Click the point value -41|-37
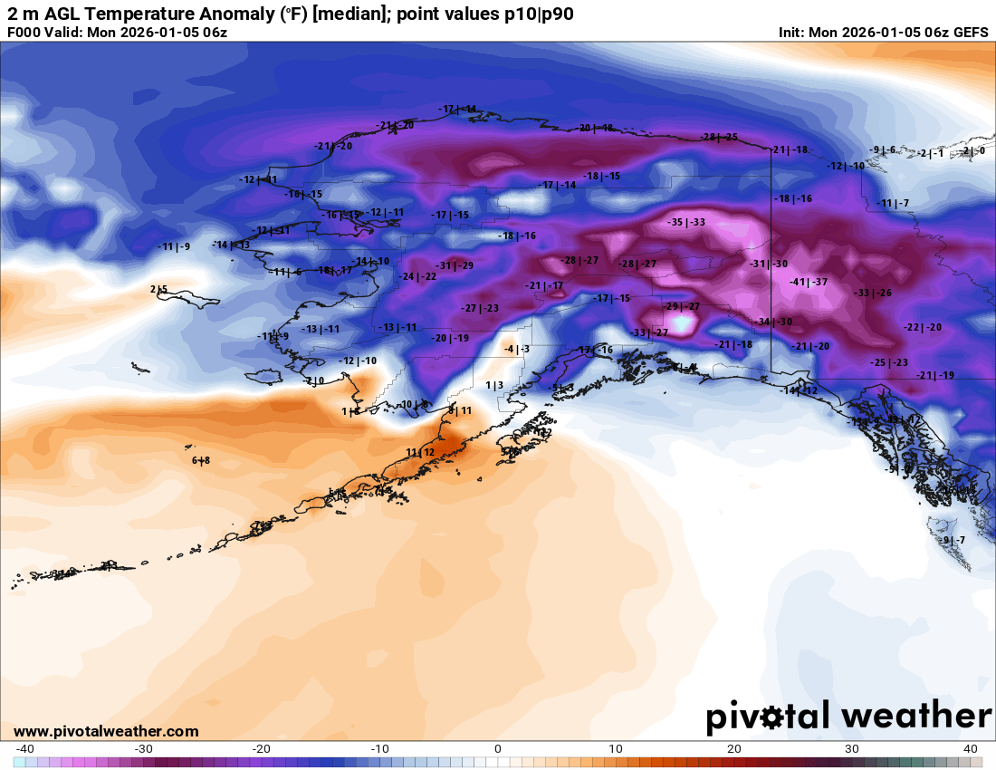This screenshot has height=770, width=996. [x=809, y=283]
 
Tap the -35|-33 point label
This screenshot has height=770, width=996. [x=686, y=222]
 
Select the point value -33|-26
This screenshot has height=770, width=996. [x=873, y=293]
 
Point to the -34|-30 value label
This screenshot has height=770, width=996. [x=774, y=322]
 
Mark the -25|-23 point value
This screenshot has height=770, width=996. [x=889, y=362]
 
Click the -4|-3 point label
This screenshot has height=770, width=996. [x=517, y=349]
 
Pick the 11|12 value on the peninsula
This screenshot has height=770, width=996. [x=420, y=452]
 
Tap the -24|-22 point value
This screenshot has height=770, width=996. [x=418, y=276]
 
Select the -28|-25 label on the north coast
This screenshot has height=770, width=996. [x=719, y=137]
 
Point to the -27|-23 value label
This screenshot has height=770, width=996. [x=480, y=309]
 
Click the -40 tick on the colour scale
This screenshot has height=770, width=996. [x=24, y=749]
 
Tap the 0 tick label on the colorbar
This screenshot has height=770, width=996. [x=497, y=749]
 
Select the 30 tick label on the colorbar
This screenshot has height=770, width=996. [x=852, y=749]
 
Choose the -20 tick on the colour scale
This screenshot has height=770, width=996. [x=261, y=749]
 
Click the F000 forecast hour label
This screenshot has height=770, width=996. [x=24, y=33]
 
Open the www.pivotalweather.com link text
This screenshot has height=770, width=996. [x=106, y=731]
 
